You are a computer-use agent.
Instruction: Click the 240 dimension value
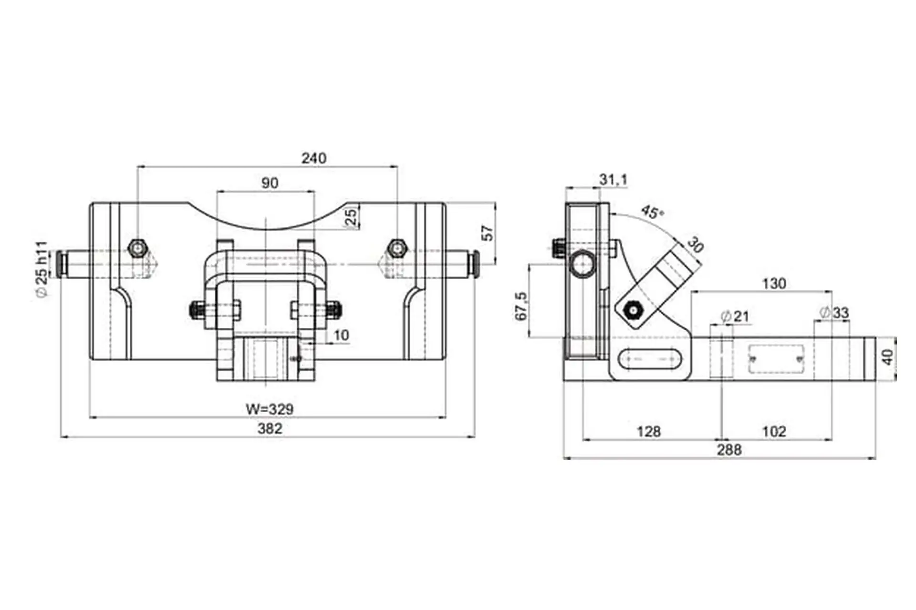(314, 158)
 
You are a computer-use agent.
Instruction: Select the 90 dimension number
(270, 183)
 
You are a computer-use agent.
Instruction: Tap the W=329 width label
(270, 409)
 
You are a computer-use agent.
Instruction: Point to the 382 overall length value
(270, 428)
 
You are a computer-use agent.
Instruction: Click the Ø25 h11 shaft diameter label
(42, 269)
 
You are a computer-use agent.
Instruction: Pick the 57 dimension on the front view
(488, 233)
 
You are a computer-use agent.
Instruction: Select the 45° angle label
(652, 212)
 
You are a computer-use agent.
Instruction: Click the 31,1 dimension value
(614, 180)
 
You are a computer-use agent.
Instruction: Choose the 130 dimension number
(773, 284)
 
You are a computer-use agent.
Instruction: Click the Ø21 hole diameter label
(735, 316)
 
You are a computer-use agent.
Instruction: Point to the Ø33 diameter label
(834, 313)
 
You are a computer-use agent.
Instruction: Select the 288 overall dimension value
(729, 450)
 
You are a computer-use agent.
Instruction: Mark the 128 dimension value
(649, 431)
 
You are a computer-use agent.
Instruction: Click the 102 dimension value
(774, 431)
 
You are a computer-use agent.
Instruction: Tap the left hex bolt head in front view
(137, 248)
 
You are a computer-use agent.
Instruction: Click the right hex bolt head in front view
(396, 248)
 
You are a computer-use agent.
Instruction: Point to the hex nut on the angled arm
(633, 311)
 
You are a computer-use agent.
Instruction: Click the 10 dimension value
(341, 335)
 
